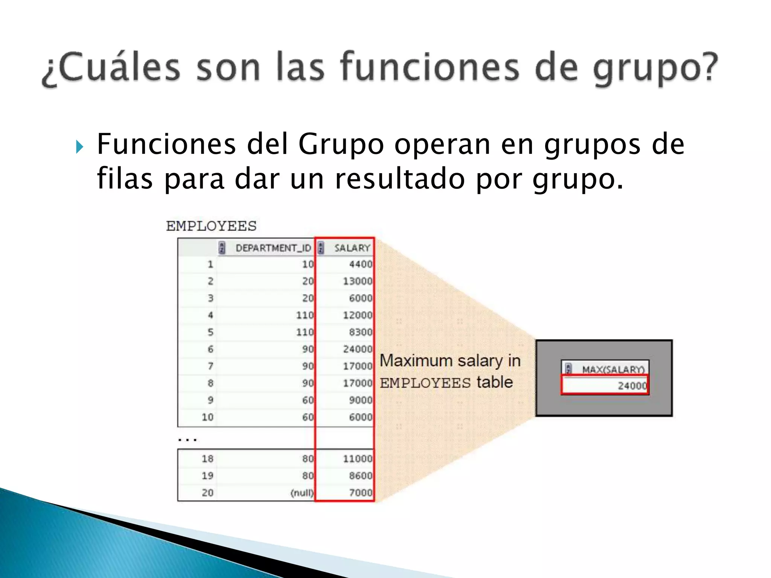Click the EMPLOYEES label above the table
tap(211, 226)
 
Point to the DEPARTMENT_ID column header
tap(273, 248)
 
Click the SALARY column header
tap(352, 248)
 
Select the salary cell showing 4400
tap(360, 264)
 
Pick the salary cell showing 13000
tap(357, 281)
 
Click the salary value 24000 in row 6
tap(357, 349)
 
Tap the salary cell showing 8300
tap(360, 332)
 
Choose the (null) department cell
tap(302, 493)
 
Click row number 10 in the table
tap(207, 417)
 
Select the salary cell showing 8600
tap(360, 476)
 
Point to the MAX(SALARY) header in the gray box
tap(613, 369)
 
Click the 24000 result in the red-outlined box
tap(632, 386)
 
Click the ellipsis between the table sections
tap(187, 439)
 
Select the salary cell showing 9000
tap(360, 400)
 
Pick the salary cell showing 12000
tap(357, 315)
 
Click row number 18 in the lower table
tap(207, 459)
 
